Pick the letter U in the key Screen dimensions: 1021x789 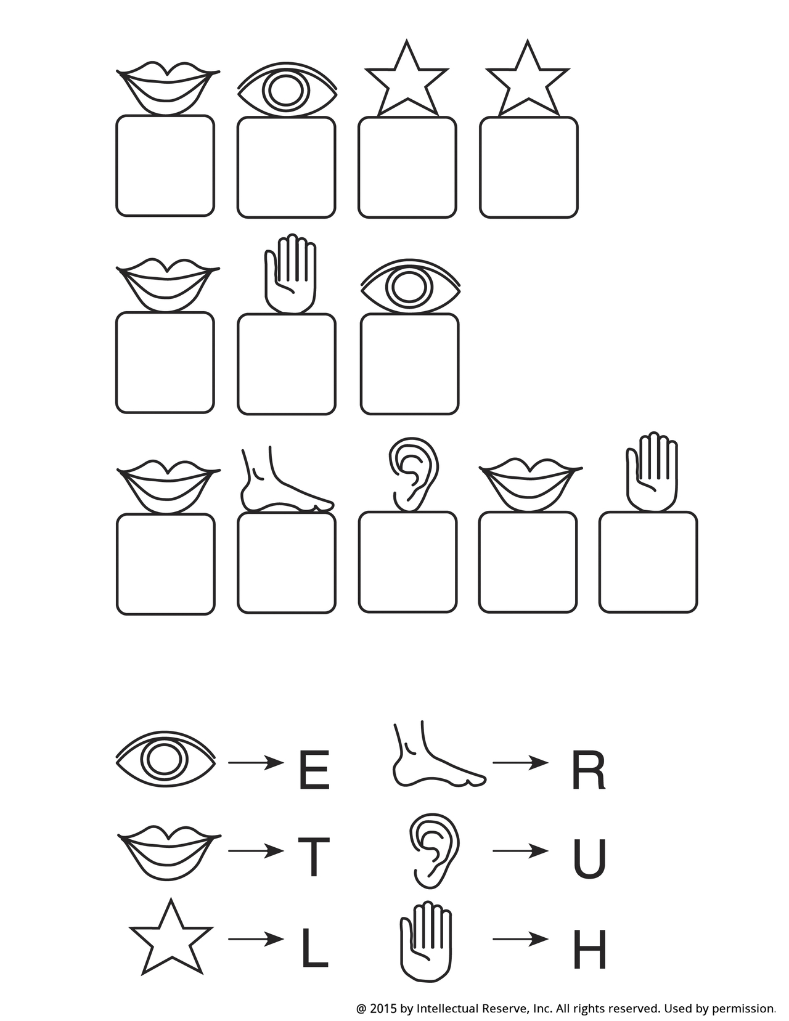point(589,858)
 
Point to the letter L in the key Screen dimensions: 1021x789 point(314,950)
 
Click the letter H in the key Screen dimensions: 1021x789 point(589,950)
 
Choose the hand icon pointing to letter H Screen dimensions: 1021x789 point(426,940)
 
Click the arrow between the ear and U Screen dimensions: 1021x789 point(520,852)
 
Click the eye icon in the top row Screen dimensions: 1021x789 point(287,90)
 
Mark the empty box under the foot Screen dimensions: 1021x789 point(287,563)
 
